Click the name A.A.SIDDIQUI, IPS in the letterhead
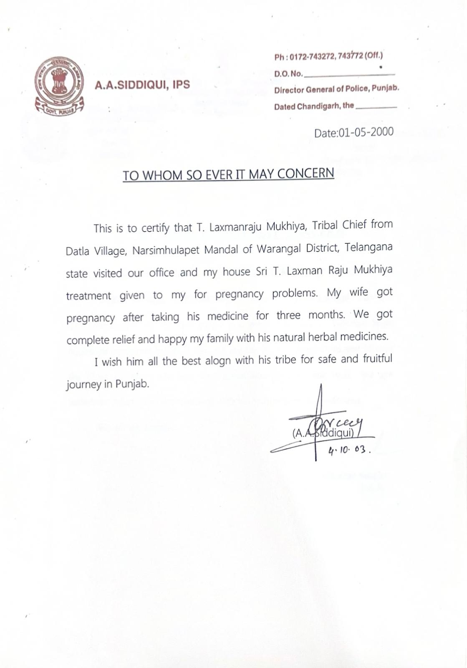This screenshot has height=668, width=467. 142,85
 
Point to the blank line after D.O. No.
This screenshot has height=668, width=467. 350,74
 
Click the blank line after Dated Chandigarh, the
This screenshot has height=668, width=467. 376,107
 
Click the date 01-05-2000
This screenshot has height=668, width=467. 366,132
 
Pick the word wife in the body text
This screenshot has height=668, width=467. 358,292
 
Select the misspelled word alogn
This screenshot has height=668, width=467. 218,361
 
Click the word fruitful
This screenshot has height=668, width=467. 377,358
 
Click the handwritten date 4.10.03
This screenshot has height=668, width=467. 349,450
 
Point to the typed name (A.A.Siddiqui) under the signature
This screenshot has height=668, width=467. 323,433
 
